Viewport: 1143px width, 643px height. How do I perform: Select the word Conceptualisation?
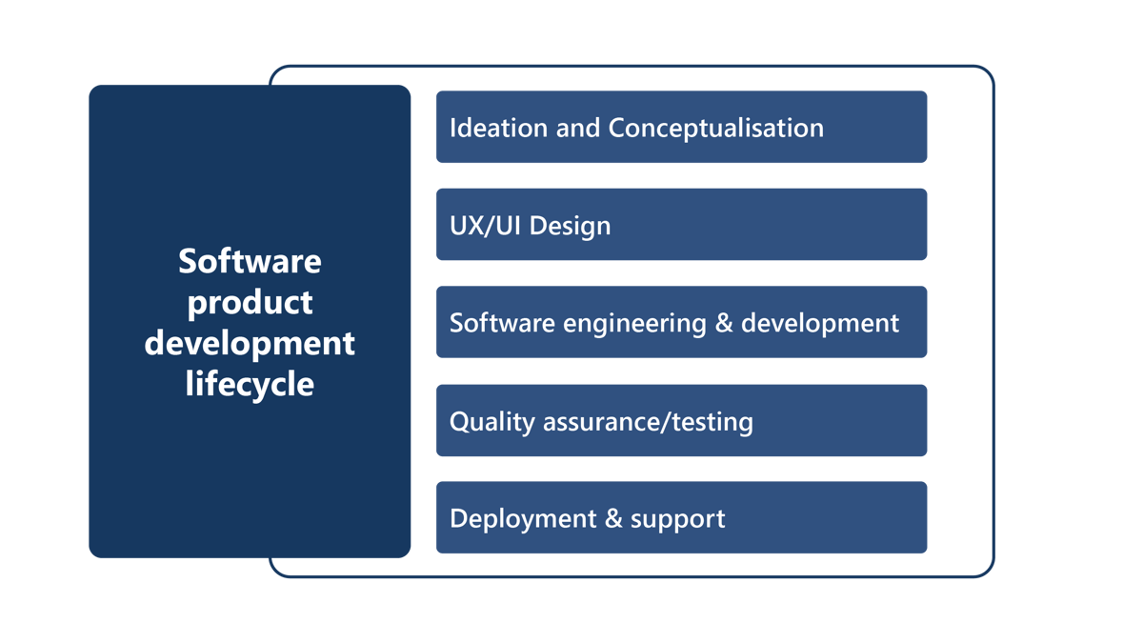click(715, 128)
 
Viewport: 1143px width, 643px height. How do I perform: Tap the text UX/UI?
click(486, 226)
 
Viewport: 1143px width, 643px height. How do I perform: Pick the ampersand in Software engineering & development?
click(723, 323)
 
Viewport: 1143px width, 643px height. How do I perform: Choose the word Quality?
click(491, 422)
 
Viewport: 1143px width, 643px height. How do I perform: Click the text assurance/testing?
click(648, 422)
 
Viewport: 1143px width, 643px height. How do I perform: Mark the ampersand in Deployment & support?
click(613, 519)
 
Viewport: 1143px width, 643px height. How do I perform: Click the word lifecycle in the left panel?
click(250, 384)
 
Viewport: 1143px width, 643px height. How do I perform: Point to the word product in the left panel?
click(250, 303)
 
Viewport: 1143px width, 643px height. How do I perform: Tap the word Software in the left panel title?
click(250, 261)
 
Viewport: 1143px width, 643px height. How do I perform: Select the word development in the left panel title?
click(250, 343)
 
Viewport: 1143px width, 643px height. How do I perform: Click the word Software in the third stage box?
click(502, 323)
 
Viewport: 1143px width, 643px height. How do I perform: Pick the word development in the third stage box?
click(819, 323)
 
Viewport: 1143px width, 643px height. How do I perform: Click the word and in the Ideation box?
click(578, 128)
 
